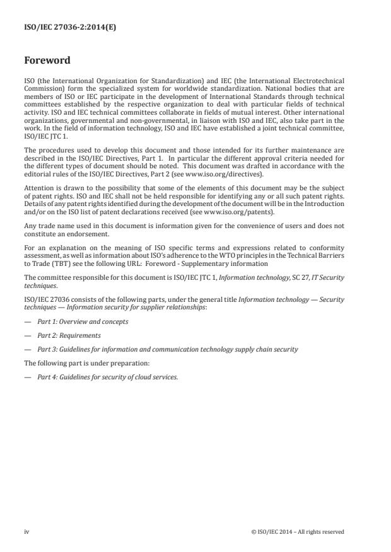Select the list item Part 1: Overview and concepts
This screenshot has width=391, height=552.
[x=83, y=321]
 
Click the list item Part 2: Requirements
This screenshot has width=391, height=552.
[x=69, y=335]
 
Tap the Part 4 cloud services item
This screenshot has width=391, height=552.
[x=107, y=377]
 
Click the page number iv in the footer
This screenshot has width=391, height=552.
[x=26, y=531]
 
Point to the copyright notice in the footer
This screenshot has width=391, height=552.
[x=297, y=531]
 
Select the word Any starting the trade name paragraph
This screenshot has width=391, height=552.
[x=30, y=224]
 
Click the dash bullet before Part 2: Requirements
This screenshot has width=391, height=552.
[x=28, y=335]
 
